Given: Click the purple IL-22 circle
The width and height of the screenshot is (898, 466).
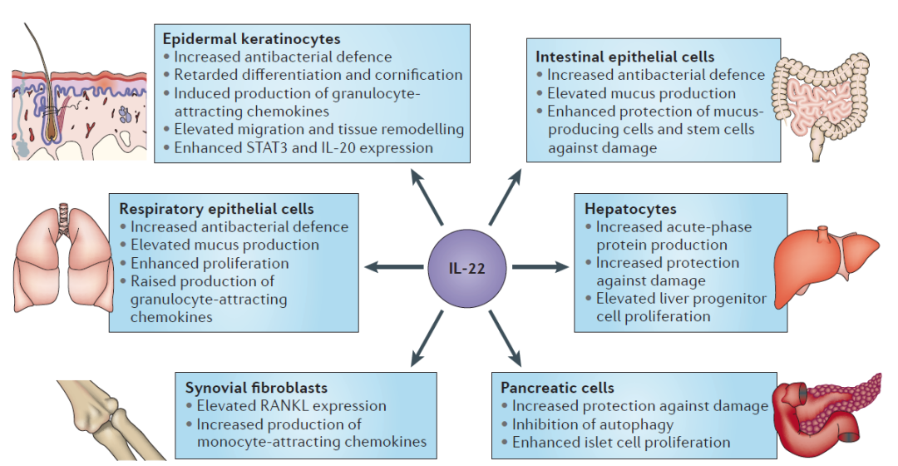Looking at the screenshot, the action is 466,268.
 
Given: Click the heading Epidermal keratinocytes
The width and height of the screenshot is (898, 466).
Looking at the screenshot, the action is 251,39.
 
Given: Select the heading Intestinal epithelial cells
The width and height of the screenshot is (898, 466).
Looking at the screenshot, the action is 624,57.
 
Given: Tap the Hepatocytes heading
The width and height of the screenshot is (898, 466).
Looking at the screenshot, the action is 630,209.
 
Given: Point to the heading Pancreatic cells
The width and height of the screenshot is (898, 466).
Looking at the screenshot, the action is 557,388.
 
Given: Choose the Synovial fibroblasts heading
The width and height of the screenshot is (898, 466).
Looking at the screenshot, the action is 256,388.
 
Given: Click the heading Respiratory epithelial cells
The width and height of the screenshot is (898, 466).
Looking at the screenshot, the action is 216,209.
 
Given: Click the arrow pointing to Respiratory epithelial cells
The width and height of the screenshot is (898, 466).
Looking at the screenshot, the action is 394,266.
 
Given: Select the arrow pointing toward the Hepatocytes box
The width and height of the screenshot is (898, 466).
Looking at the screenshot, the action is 540,266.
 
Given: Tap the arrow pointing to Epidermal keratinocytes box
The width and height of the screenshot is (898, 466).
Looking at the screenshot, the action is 427,196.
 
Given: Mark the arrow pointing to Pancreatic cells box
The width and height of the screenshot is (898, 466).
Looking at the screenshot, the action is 506,338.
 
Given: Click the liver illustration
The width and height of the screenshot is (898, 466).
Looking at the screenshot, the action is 826,265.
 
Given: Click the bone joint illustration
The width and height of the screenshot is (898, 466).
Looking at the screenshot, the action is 111,419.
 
